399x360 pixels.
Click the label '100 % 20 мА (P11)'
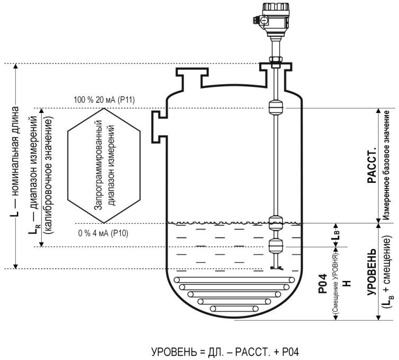click(104, 100)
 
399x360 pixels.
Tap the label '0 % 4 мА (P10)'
click(103, 233)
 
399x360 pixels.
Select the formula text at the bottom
click(225, 352)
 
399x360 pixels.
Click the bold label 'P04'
click(322, 284)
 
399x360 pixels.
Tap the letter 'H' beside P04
click(347, 283)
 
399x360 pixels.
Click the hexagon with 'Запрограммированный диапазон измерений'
click(104, 165)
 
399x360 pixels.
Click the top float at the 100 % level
click(276, 107)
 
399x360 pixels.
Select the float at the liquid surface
click(276, 223)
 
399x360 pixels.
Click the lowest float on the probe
click(276, 245)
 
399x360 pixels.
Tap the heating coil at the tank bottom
click(234, 294)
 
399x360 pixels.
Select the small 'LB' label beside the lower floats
click(335, 235)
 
